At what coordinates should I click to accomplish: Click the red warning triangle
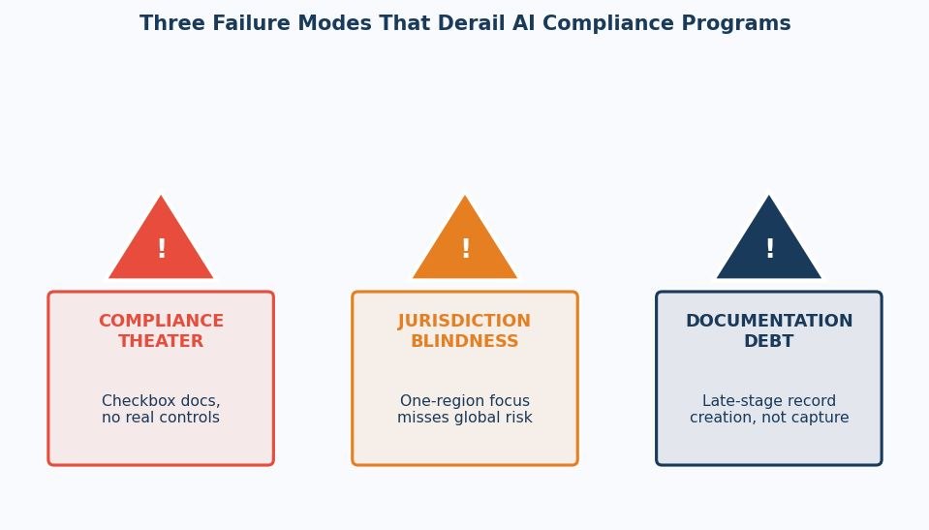(161, 243)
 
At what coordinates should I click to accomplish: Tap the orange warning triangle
(465, 243)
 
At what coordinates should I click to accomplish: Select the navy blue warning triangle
(769, 243)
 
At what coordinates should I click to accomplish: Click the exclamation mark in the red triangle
(161, 248)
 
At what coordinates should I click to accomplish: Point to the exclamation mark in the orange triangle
(465, 248)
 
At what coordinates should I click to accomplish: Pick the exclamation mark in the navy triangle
(769, 248)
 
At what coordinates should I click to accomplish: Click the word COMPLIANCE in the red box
(161, 321)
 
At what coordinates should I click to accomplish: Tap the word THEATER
(161, 341)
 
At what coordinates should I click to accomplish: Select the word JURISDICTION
(465, 321)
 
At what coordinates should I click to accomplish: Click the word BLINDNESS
(465, 341)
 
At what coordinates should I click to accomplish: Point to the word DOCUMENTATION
(769, 321)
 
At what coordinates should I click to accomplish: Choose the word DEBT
(769, 341)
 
